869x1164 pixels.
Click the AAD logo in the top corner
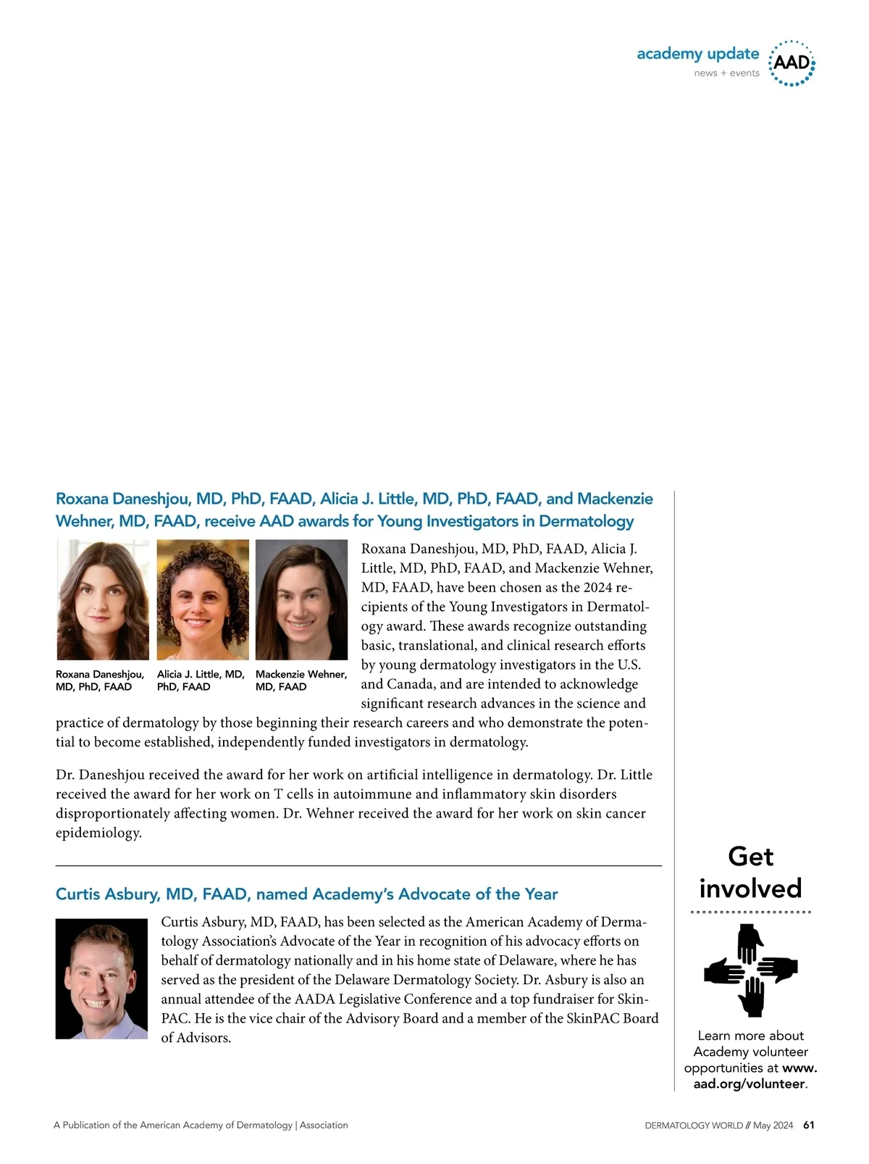(x=792, y=63)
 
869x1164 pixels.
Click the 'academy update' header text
(x=697, y=54)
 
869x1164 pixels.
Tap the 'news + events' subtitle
(x=726, y=73)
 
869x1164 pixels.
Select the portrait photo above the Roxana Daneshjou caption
(x=103, y=599)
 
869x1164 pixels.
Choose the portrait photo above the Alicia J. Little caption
(x=203, y=599)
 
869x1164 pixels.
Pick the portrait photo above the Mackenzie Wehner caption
(x=301, y=599)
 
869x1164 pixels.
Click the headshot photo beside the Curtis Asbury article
(x=101, y=978)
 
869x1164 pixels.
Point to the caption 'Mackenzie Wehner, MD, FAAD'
(x=301, y=681)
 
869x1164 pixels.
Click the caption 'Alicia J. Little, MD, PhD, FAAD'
(x=201, y=681)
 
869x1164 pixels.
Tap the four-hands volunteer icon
(x=751, y=970)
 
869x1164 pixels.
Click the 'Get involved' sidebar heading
(x=751, y=873)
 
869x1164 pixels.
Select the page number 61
(x=809, y=1126)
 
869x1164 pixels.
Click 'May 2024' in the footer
(x=773, y=1126)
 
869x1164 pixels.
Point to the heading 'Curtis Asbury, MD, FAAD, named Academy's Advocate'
(x=306, y=894)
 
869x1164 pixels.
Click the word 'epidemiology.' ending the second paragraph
(x=98, y=833)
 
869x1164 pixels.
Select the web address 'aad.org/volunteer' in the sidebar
(x=749, y=1084)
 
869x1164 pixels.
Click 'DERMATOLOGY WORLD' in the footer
(x=694, y=1126)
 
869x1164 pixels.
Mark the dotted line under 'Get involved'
(x=751, y=912)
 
